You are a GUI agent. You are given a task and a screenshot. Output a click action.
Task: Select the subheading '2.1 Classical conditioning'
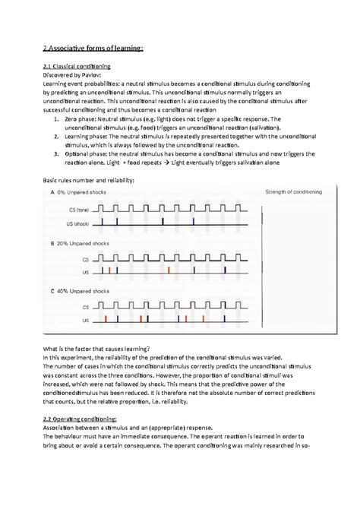point(79,67)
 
